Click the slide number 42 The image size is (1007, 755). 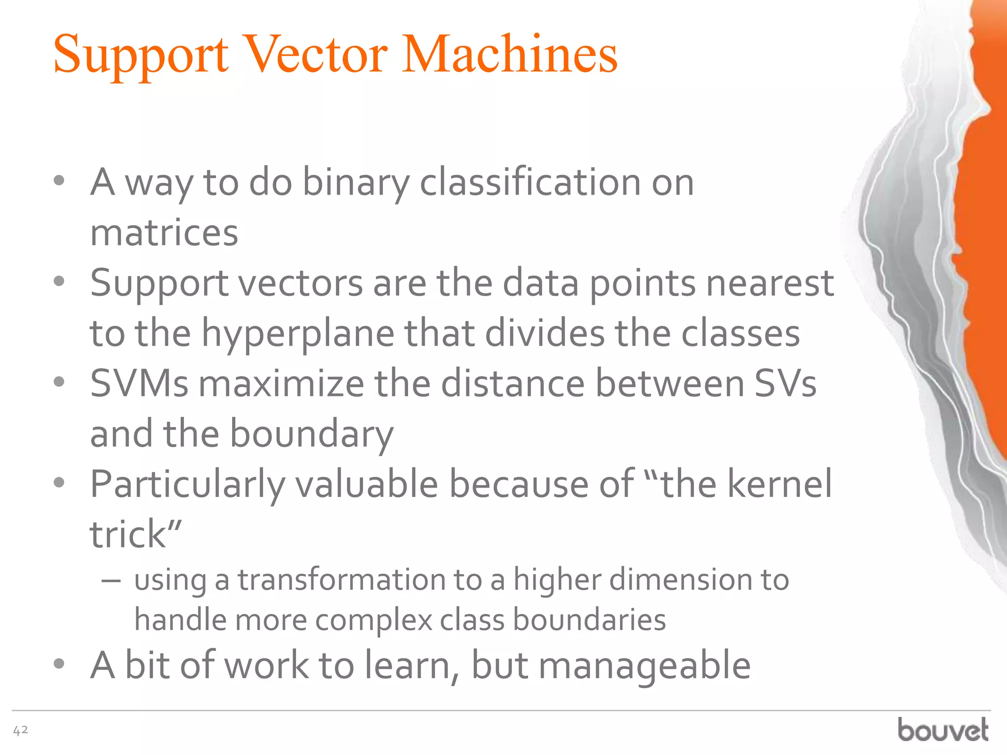pos(20,730)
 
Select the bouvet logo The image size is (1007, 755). pos(943,729)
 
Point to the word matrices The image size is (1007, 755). pos(164,232)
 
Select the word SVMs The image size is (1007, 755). pos(139,384)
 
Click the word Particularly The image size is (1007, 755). pos(187,485)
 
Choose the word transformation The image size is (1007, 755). pos(342,580)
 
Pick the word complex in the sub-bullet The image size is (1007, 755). pos(374,620)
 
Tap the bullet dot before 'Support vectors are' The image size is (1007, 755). pos(59,282)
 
